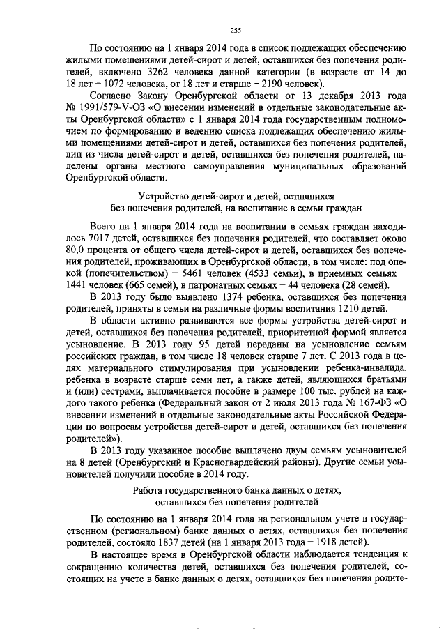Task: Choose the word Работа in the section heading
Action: click(x=149, y=491)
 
